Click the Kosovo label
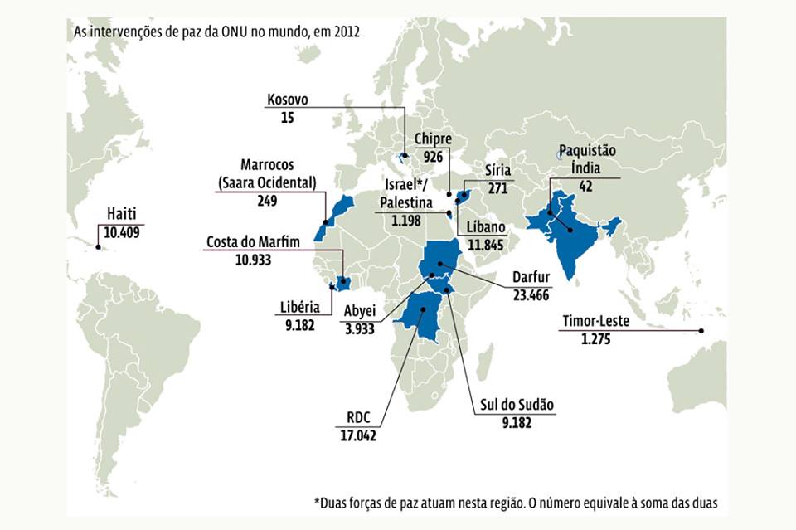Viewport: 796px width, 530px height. (x=288, y=100)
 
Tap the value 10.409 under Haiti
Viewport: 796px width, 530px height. (x=121, y=232)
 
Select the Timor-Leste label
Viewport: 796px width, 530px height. (x=595, y=322)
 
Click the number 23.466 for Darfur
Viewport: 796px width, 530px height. (x=531, y=293)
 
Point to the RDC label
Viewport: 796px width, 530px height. (x=358, y=418)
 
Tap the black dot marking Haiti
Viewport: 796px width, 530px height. (x=98, y=246)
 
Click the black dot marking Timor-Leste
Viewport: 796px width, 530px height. (x=701, y=332)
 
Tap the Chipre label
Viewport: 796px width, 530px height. (x=432, y=140)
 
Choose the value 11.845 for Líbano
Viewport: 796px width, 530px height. (x=486, y=245)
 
